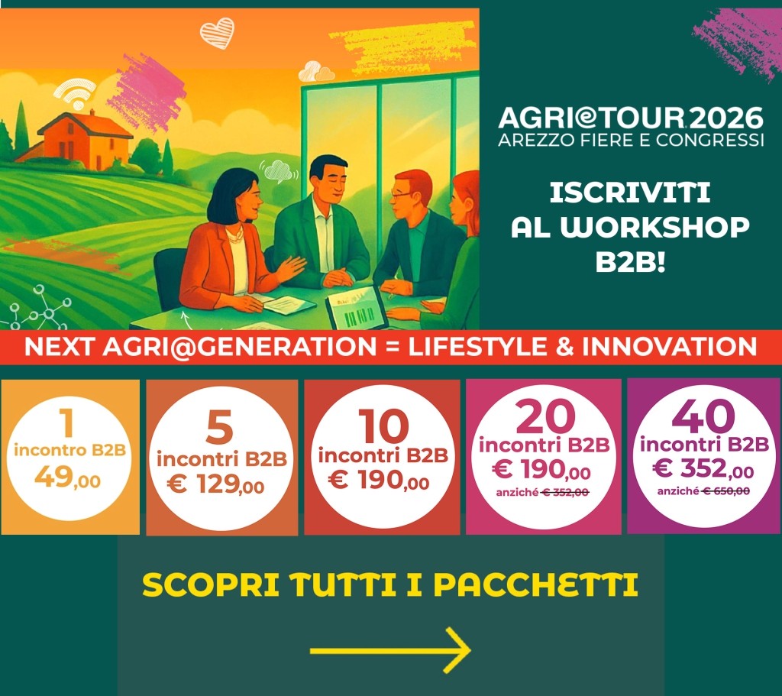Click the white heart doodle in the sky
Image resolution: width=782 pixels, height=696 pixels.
217,33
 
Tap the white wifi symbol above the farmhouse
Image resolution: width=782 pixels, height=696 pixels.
75,94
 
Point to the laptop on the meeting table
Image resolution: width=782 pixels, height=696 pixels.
357,309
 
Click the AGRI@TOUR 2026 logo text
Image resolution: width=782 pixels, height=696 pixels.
630,118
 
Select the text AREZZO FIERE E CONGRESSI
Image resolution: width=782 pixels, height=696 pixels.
631,141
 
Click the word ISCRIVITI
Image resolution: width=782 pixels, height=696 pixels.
630,193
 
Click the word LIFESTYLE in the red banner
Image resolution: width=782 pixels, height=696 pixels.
477,347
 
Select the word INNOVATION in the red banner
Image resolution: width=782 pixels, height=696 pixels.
670,347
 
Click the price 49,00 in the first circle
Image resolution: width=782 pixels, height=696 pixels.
68,477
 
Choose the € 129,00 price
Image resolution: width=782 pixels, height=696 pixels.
215,484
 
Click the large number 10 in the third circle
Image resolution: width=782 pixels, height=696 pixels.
383,426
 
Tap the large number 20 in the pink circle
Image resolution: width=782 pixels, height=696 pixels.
545,417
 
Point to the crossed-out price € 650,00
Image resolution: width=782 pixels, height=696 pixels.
725,491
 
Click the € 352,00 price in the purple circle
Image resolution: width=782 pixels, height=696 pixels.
703,468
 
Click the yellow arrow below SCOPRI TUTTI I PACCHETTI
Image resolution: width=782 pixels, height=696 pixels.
390,650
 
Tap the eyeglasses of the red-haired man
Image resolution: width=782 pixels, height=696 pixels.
401,195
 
